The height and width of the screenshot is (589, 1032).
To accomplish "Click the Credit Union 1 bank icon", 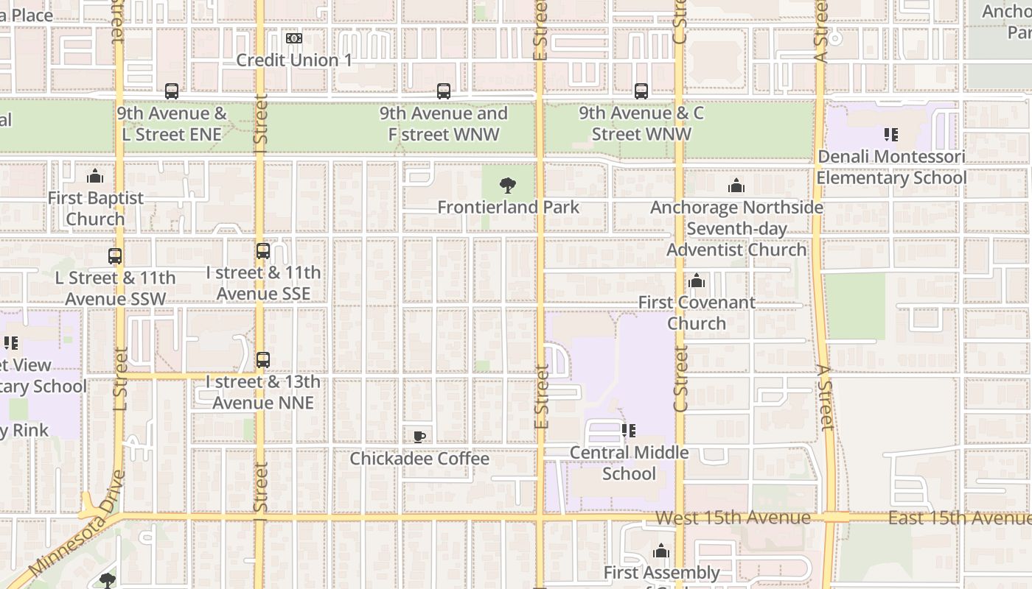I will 294,38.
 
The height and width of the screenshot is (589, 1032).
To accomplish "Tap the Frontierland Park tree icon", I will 507,186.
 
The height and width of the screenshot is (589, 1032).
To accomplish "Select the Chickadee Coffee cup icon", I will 419,437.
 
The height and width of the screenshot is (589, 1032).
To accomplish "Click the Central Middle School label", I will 629,463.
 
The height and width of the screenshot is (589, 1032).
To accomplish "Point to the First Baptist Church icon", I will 95,176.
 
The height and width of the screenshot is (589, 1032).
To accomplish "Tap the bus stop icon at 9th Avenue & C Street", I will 641,91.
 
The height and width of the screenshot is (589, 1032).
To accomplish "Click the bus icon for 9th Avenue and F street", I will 443,91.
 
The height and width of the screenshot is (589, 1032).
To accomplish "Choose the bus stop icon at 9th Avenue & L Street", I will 172,91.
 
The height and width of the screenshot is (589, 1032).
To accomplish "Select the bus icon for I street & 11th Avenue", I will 263,251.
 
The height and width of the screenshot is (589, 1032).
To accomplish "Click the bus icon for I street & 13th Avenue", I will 263,360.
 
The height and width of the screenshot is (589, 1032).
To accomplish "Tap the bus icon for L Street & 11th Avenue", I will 115,256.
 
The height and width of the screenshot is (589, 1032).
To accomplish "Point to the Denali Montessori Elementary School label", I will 891,167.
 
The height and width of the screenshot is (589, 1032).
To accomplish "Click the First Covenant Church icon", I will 697,281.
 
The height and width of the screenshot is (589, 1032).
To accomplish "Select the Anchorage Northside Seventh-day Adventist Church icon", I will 736,186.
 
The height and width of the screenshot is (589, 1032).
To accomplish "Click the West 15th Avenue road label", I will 733,518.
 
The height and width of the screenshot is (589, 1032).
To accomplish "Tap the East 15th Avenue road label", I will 958,518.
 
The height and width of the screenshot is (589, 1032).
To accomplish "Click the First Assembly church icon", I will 661,551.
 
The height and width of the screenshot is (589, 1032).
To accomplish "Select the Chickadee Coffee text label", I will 419,459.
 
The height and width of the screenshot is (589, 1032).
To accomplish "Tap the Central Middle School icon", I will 629,431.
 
